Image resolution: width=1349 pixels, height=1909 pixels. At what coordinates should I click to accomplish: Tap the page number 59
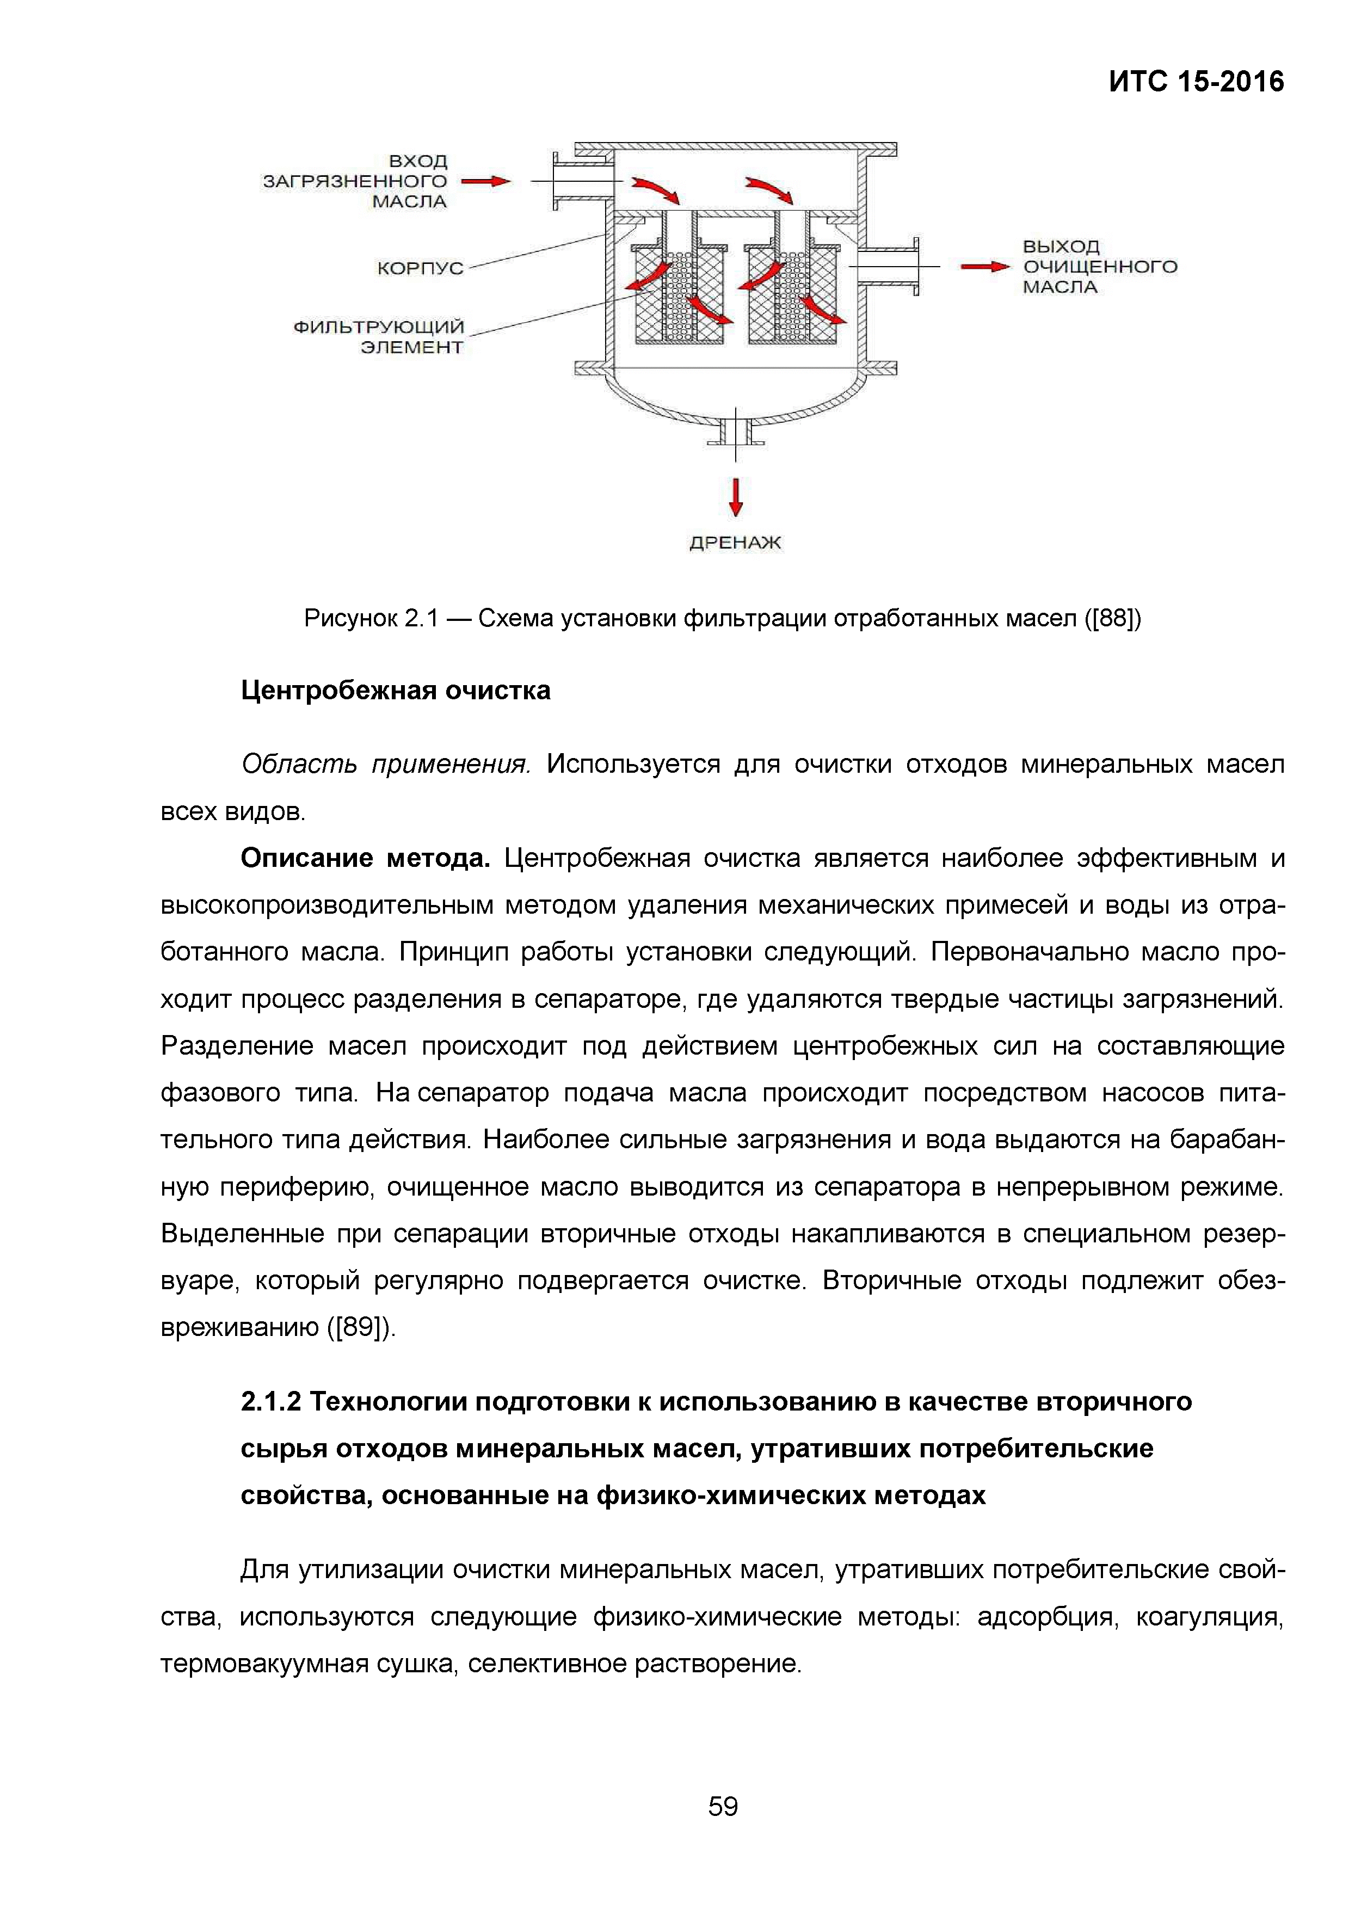(x=722, y=1806)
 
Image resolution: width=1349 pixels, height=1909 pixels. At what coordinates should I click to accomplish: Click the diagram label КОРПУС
(x=420, y=268)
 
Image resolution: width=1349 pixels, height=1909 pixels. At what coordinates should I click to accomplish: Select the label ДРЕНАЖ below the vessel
(x=735, y=543)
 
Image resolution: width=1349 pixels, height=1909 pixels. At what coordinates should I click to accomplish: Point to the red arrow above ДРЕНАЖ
(x=735, y=496)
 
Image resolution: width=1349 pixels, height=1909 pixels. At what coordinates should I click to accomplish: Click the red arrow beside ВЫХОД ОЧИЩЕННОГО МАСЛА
(x=984, y=267)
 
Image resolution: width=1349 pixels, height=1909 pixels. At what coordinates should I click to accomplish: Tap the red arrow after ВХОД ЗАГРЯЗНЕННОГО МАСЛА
(x=485, y=181)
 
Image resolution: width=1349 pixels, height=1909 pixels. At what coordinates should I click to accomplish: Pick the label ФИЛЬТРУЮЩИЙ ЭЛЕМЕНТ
(x=379, y=337)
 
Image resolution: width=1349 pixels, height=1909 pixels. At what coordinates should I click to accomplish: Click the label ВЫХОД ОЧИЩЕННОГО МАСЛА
(x=1099, y=267)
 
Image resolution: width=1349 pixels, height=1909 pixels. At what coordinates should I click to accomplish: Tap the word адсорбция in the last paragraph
(x=1045, y=1616)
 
